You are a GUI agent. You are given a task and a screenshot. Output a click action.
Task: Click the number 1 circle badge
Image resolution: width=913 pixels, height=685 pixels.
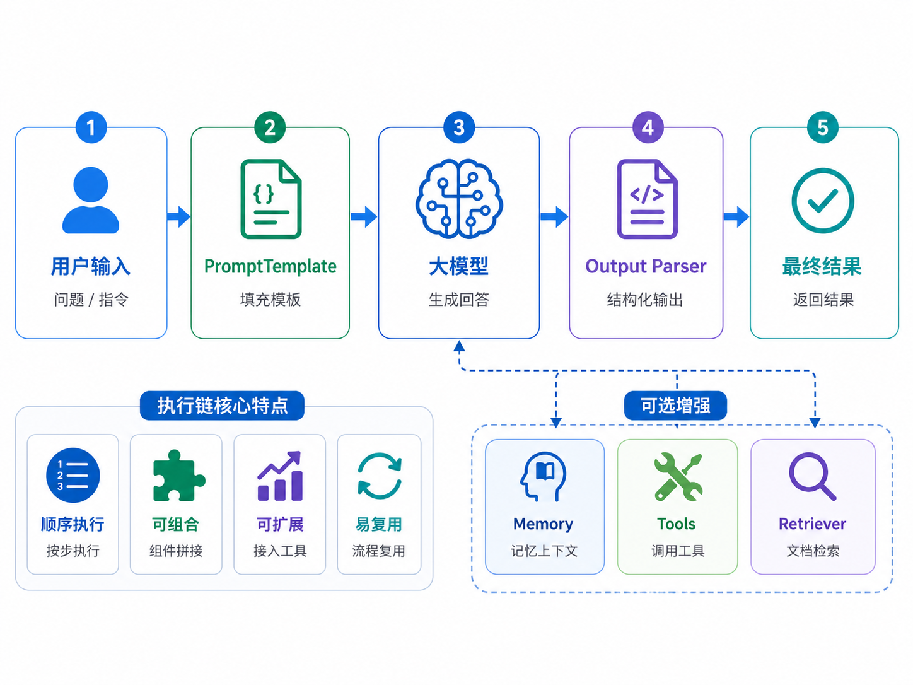(91, 127)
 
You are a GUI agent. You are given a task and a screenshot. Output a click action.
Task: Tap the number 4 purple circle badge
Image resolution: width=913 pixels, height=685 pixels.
(648, 127)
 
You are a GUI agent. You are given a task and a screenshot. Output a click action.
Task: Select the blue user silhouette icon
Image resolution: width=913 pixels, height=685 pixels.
(91, 200)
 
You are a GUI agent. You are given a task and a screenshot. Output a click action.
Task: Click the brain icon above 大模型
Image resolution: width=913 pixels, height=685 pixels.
(459, 199)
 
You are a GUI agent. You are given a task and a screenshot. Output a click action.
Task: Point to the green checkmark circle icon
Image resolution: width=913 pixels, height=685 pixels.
(823, 201)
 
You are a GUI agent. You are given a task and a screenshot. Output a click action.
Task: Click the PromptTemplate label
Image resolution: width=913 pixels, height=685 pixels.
(270, 266)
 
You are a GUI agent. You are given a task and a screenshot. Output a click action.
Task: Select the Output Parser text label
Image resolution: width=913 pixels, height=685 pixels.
(646, 266)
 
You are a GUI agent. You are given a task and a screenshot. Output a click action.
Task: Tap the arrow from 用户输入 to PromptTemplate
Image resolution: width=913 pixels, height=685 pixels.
(179, 216)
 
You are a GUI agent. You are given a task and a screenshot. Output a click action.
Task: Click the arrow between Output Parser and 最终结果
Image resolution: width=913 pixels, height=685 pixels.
(736, 216)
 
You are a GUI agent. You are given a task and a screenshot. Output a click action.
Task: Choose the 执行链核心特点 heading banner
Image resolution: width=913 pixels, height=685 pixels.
(222, 406)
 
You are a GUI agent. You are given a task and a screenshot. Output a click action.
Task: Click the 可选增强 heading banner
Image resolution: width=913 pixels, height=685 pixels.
(675, 406)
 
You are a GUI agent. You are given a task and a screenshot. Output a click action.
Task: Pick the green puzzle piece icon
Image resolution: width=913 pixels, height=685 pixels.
(178, 476)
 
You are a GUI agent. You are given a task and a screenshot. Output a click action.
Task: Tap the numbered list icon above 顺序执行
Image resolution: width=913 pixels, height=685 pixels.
(73, 476)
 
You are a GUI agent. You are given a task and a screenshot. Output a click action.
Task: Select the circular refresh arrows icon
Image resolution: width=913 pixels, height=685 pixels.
(379, 476)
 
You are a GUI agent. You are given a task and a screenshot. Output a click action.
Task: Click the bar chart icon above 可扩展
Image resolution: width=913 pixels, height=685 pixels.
(280, 476)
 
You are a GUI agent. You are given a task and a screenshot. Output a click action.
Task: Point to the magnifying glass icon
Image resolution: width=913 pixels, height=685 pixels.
(812, 476)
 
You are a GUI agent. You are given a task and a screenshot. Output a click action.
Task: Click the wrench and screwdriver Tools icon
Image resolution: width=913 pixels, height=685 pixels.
(678, 476)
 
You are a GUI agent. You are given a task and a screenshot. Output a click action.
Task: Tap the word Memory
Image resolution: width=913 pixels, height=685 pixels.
(543, 524)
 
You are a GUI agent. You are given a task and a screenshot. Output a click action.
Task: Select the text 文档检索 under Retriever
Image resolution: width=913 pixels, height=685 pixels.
(813, 551)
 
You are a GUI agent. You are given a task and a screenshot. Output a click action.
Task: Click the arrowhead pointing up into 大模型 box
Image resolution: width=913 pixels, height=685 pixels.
(459, 346)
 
